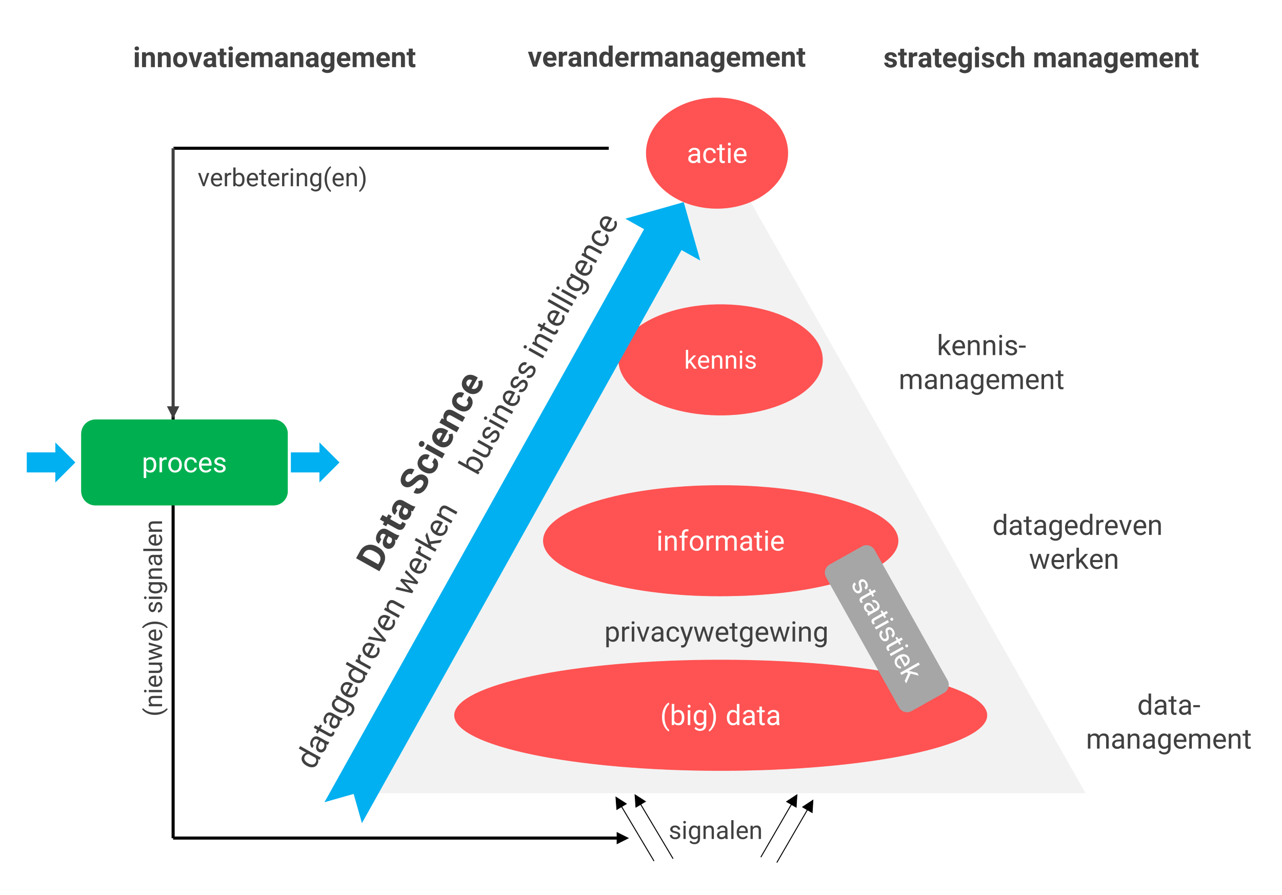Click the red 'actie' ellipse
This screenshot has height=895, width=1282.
[716, 153]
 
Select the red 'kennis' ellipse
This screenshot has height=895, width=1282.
[720, 360]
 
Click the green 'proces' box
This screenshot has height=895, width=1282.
[184, 462]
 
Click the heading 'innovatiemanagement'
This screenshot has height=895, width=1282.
[274, 58]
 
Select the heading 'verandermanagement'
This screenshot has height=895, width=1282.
[666, 58]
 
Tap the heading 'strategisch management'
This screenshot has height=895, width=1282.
[1041, 58]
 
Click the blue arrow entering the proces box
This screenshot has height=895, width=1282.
[50, 462]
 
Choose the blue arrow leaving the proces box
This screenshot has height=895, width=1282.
[314, 462]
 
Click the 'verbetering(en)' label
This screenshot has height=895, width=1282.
[282, 178]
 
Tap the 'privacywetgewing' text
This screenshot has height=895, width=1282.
[716, 632]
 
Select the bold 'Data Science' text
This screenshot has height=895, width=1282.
[420, 472]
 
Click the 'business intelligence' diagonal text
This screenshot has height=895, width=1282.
[539, 344]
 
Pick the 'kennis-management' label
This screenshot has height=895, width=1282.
[981, 363]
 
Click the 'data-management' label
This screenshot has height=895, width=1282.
[1168, 723]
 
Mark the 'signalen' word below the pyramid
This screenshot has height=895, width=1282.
[715, 830]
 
